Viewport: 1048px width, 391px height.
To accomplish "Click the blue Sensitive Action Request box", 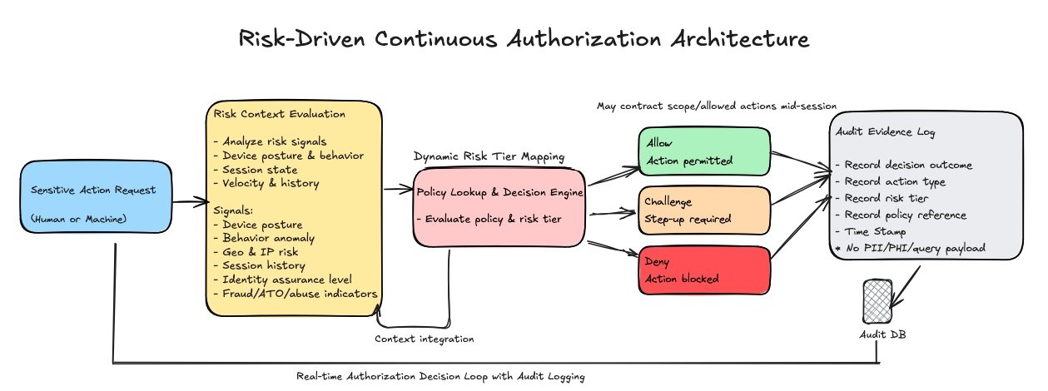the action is point(96,197).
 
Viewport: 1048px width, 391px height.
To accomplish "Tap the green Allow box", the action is point(704,151).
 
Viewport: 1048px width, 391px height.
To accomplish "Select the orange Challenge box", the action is point(704,210).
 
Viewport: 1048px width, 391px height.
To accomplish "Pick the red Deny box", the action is point(704,270).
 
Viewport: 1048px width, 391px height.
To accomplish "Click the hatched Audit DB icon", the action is point(877,302).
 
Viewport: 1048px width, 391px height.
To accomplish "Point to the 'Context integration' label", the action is point(425,339).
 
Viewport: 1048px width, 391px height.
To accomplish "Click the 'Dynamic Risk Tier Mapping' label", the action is point(489,156).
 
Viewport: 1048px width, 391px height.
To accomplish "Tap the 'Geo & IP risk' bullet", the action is point(256,252).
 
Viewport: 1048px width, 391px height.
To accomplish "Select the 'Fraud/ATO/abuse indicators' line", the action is point(296,294).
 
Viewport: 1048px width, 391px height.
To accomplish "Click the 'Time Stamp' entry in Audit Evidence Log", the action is point(872,231).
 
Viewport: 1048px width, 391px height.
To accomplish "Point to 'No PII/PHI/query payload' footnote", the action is point(911,249).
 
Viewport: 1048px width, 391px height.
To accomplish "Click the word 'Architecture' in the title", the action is point(740,38).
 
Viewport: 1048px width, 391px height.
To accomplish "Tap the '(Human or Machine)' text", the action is point(78,219).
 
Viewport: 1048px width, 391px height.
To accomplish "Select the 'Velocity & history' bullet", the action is point(266,183).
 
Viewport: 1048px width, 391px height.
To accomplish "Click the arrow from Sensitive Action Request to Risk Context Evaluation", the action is point(191,202).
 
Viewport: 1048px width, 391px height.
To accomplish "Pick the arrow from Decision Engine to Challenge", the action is point(613,214).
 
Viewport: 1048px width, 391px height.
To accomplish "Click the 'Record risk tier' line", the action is point(882,198).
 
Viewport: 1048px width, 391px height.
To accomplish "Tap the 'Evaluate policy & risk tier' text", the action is point(489,219).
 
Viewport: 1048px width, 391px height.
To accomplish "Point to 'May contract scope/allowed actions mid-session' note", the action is point(717,106).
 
